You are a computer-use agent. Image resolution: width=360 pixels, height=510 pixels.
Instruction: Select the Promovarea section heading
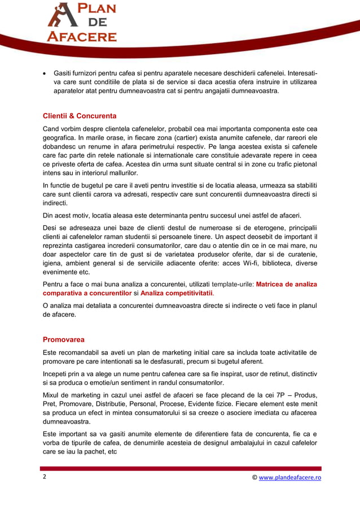point(64,339)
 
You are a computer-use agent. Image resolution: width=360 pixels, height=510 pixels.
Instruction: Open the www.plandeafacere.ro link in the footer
point(290,477)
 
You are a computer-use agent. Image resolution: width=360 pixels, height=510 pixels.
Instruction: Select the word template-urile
point(232,284)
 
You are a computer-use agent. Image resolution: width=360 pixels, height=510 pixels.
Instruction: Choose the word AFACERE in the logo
point(81,37)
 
